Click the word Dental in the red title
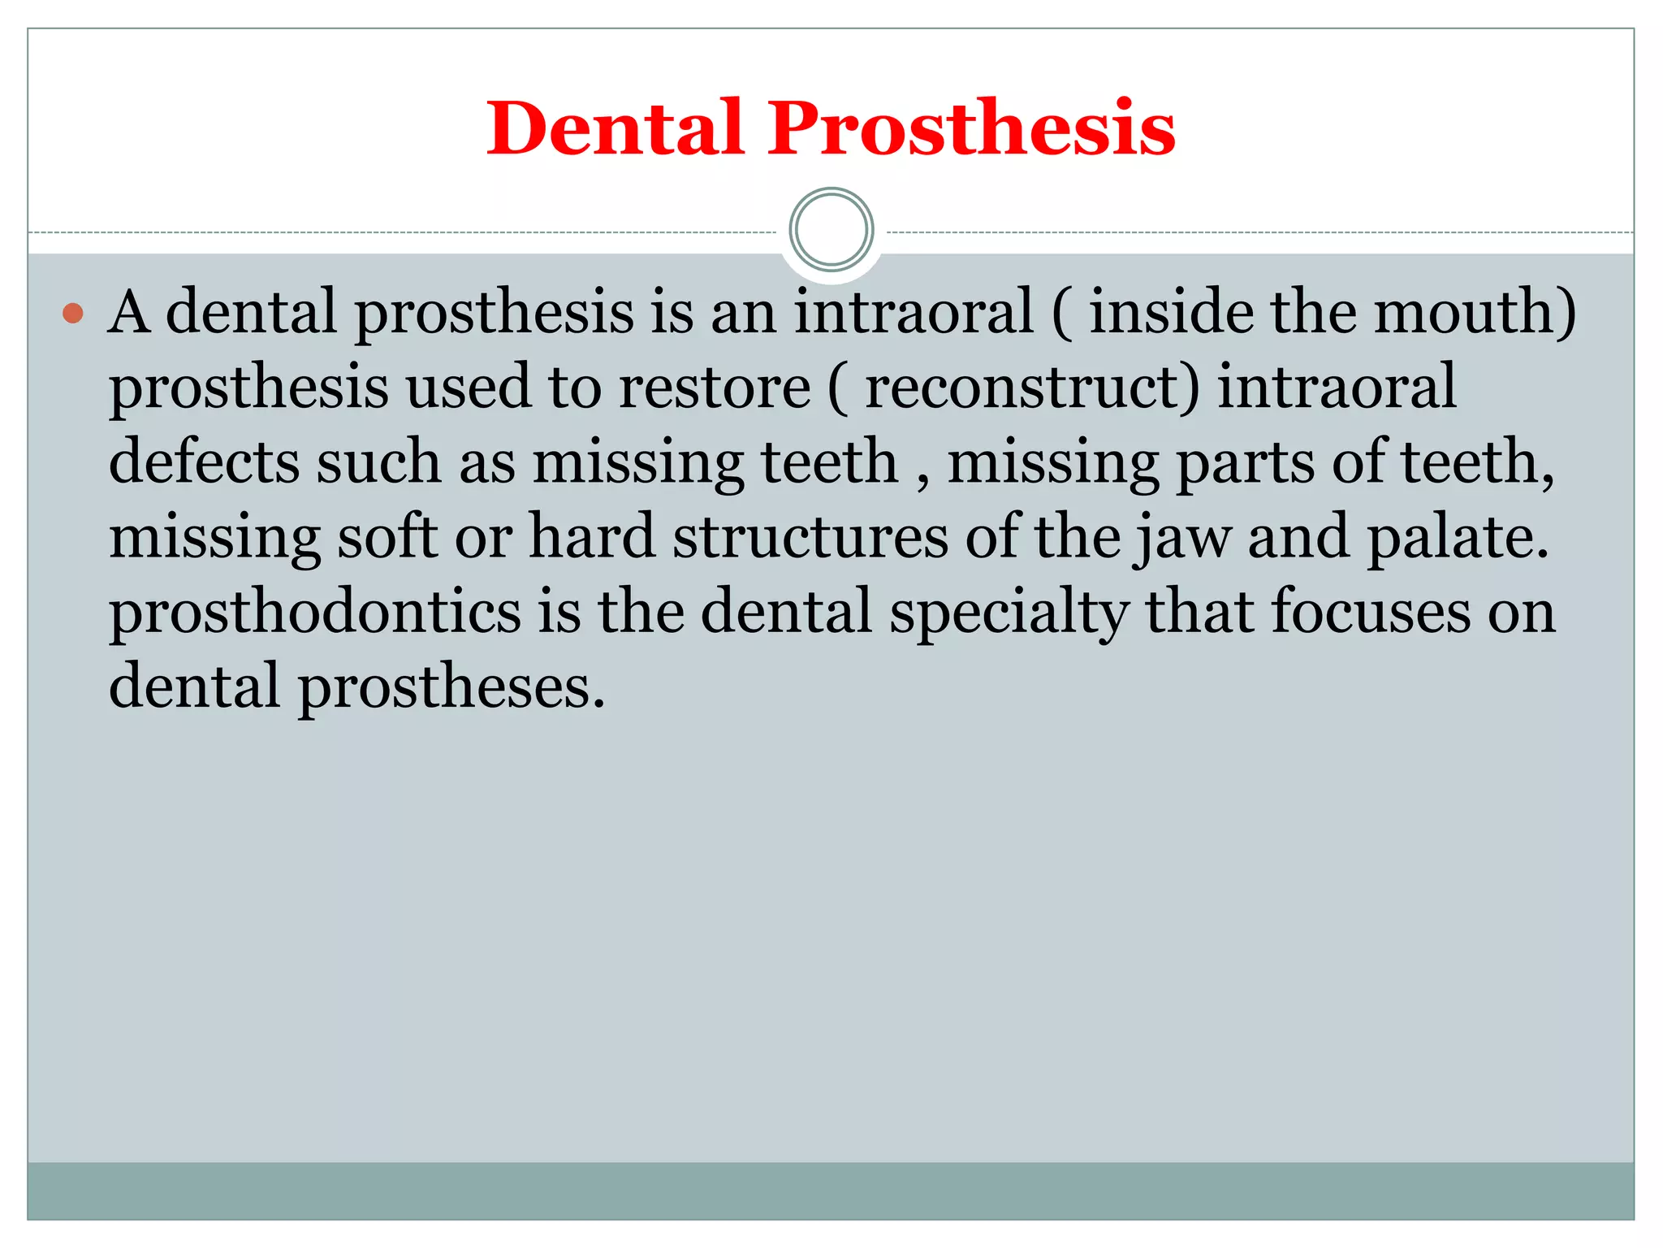tap(615, 128)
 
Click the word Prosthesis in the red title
tap(971, 128)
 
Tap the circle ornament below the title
tap(831, 230)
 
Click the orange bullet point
tap(73, 313)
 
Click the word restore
tap(715, 387)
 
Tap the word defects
tap(204, 461)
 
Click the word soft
tap(387, 536)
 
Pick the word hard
tap(592, 536)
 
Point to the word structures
tap(810, 536)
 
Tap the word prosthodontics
tap(315, 611)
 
